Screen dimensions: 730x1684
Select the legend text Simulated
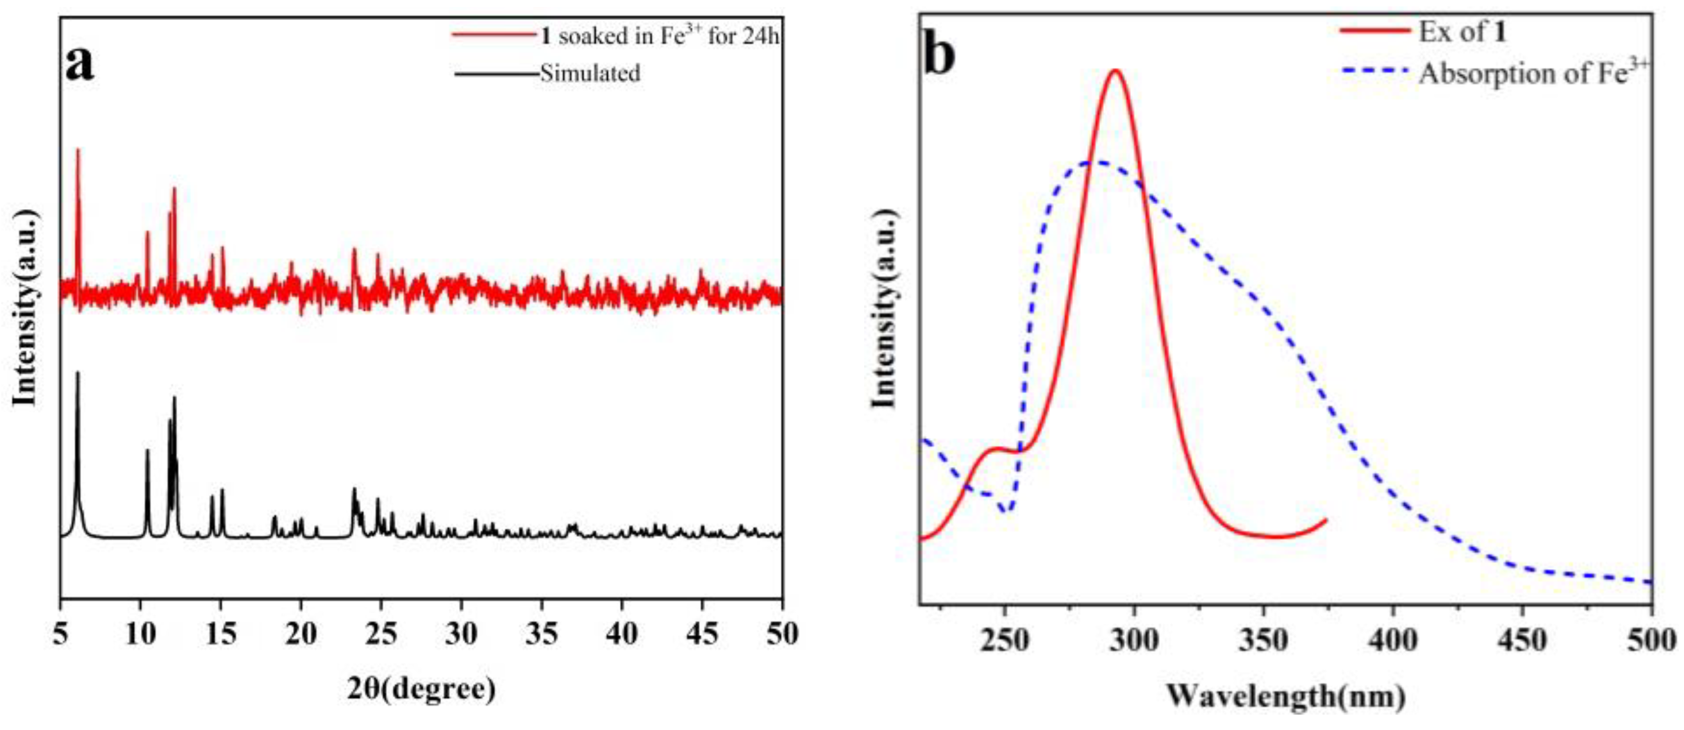590,73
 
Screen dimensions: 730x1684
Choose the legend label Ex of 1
1462,32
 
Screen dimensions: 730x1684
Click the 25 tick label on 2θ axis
381,634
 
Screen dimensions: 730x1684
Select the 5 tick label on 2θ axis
60,634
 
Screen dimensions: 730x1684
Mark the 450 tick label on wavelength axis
1522,640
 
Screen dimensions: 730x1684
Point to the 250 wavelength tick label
1005,640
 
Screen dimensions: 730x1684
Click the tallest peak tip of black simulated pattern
78,373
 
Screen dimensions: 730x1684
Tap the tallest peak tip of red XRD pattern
78,151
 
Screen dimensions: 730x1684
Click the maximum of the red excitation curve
1116,71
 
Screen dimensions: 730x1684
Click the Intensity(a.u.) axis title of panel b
884,309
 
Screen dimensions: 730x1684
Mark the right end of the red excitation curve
1326,520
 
